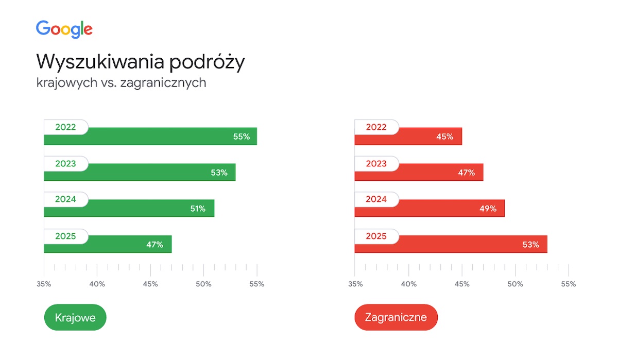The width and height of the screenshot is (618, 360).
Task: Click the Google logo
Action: pos(64,29)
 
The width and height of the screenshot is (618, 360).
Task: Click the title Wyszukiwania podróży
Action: pos(140,62)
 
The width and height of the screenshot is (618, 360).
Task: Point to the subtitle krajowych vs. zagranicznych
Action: pos(121,82)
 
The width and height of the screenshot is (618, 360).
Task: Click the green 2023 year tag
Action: pos(65,164)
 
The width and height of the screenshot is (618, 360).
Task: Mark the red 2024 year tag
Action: pos(376,199)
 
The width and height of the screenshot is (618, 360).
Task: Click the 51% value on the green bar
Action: pos(197,209)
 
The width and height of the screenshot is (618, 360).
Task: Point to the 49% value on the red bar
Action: pos(488,209)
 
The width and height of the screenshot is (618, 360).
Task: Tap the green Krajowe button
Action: pos(75,317)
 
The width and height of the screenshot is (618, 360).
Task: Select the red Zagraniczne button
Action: pos(396,317)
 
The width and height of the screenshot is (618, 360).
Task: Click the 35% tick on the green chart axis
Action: pos(44,284)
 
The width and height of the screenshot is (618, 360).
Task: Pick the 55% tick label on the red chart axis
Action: pos(568,284)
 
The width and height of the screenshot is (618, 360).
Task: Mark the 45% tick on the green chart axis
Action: pos(150,284)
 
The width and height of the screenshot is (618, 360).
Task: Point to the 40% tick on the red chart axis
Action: pos(408,284)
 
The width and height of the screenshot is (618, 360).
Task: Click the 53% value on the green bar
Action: pos(219,173)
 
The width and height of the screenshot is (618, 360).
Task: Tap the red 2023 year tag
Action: pos(376,164)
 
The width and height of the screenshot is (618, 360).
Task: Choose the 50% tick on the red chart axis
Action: pos(515,284)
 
